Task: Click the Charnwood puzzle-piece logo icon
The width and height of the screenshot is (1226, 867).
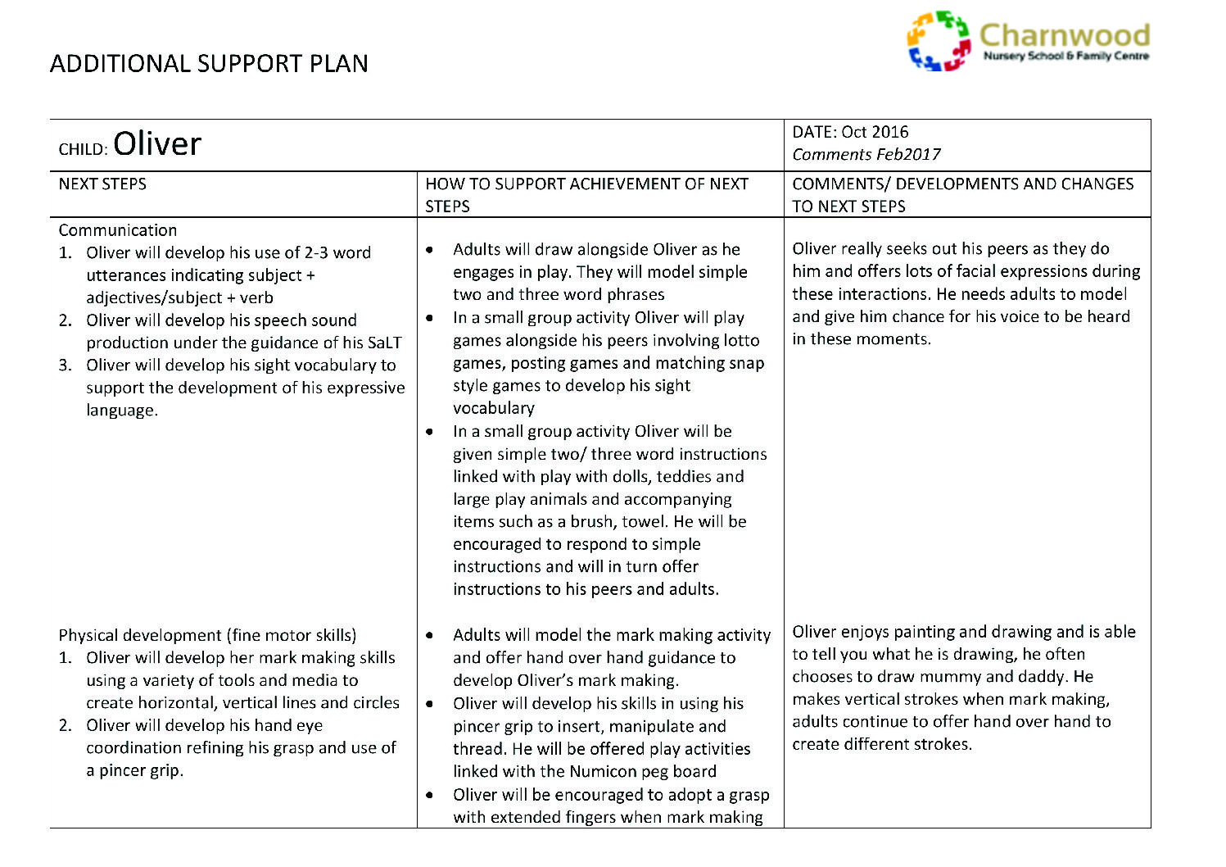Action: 939,41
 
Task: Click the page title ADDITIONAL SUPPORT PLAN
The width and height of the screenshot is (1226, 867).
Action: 209,64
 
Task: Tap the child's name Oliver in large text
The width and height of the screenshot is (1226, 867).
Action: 157,144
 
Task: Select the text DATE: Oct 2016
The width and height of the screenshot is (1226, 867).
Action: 850,132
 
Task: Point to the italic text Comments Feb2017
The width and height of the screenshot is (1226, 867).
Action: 866,154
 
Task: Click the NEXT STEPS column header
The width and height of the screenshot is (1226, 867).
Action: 102,184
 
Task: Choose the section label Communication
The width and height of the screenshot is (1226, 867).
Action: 118,230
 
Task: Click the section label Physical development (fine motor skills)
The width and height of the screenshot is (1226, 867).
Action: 207,635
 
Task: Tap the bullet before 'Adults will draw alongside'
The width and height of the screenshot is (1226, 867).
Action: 431,250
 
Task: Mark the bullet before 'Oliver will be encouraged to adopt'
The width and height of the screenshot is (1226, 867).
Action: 431,795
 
